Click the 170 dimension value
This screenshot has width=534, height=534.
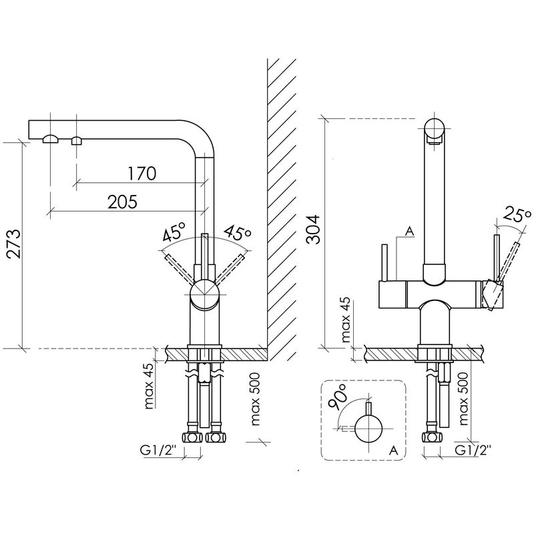[142, 174]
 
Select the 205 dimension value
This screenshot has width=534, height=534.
[123, 202]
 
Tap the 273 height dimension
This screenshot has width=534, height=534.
[14, 244]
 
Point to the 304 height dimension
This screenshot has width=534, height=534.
[313, 229]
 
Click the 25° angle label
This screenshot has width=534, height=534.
[517, 215]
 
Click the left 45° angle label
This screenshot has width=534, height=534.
[174, 232]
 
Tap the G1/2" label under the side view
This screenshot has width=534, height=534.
[158, 450]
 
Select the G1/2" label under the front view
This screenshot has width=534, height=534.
[473, 450]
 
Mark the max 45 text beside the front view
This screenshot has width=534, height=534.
[345, 320]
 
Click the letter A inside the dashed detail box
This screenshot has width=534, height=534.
[393, 450]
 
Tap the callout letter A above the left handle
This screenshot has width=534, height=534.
[410, 231]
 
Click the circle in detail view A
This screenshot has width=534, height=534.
[368, 429]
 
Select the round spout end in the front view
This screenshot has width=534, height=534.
[435, 128]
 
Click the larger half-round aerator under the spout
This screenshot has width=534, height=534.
[51, 139]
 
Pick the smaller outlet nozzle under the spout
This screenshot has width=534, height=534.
[76, 140]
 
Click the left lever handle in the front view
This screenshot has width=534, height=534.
[385, 262]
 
